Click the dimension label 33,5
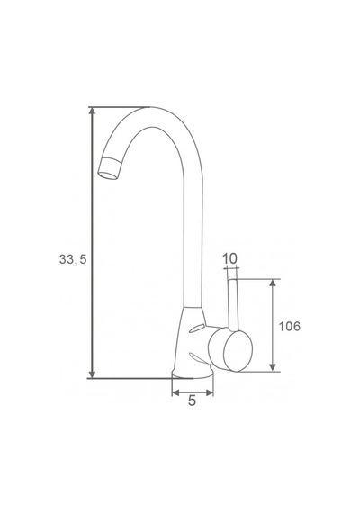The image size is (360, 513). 73,259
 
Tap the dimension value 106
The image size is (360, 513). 289,326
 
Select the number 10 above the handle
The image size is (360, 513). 229,259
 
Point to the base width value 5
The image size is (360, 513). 192,400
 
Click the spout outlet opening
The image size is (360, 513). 108,174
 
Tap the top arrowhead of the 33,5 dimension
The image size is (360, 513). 93,111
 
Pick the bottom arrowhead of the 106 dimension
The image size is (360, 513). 273,367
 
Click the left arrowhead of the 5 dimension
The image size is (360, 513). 175,392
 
